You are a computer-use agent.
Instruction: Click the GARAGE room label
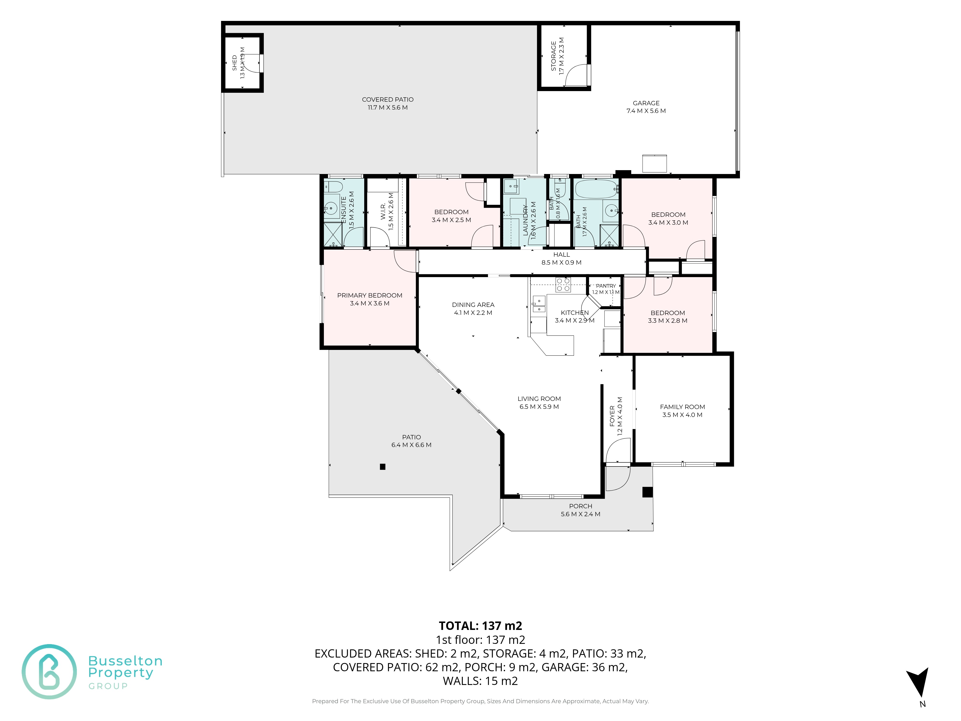646,103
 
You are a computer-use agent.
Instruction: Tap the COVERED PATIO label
388,99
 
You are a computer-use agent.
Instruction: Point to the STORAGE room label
554,56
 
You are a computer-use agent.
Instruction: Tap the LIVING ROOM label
539,398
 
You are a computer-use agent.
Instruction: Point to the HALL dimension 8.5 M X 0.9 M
561,262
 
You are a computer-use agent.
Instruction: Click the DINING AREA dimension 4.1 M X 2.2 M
473,312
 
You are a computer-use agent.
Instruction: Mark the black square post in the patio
382,467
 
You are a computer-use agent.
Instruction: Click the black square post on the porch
647,492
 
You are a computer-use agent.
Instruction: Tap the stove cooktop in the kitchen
563,285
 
